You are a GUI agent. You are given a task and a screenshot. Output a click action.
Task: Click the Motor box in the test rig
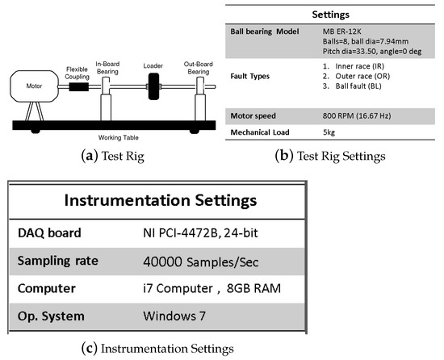click(x=35, y=85)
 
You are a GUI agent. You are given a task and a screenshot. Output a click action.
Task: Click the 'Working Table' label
click(x=115, y=138)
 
